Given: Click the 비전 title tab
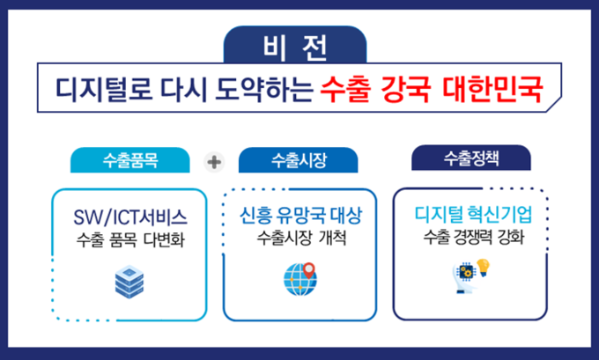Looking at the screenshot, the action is point(295,45).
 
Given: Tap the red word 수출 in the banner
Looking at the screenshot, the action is point(345,89).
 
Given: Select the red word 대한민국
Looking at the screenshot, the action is point(492,89).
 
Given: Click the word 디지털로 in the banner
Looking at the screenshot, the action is point(104,89).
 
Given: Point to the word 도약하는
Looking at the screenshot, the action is point(264,89).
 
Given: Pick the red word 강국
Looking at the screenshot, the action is point(406,89).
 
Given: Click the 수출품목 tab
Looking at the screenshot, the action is point(129,160).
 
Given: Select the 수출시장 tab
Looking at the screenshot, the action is point(299,160).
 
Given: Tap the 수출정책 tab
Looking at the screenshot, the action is point(471,158).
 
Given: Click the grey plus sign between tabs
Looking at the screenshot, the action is point(214,162).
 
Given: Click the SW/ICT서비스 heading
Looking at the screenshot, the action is point(130,217).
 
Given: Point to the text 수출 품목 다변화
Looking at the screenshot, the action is point(130,239).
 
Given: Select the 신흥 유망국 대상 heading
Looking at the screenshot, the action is point(300,216).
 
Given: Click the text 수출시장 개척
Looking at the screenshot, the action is point(301,238).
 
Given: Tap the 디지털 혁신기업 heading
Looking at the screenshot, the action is point(473,214).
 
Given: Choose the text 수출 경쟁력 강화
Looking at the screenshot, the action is point(474,237).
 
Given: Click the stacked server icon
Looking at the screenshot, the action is point(129,282).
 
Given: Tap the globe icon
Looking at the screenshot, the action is point(299,280).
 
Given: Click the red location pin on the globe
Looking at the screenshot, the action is point(308,270).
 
